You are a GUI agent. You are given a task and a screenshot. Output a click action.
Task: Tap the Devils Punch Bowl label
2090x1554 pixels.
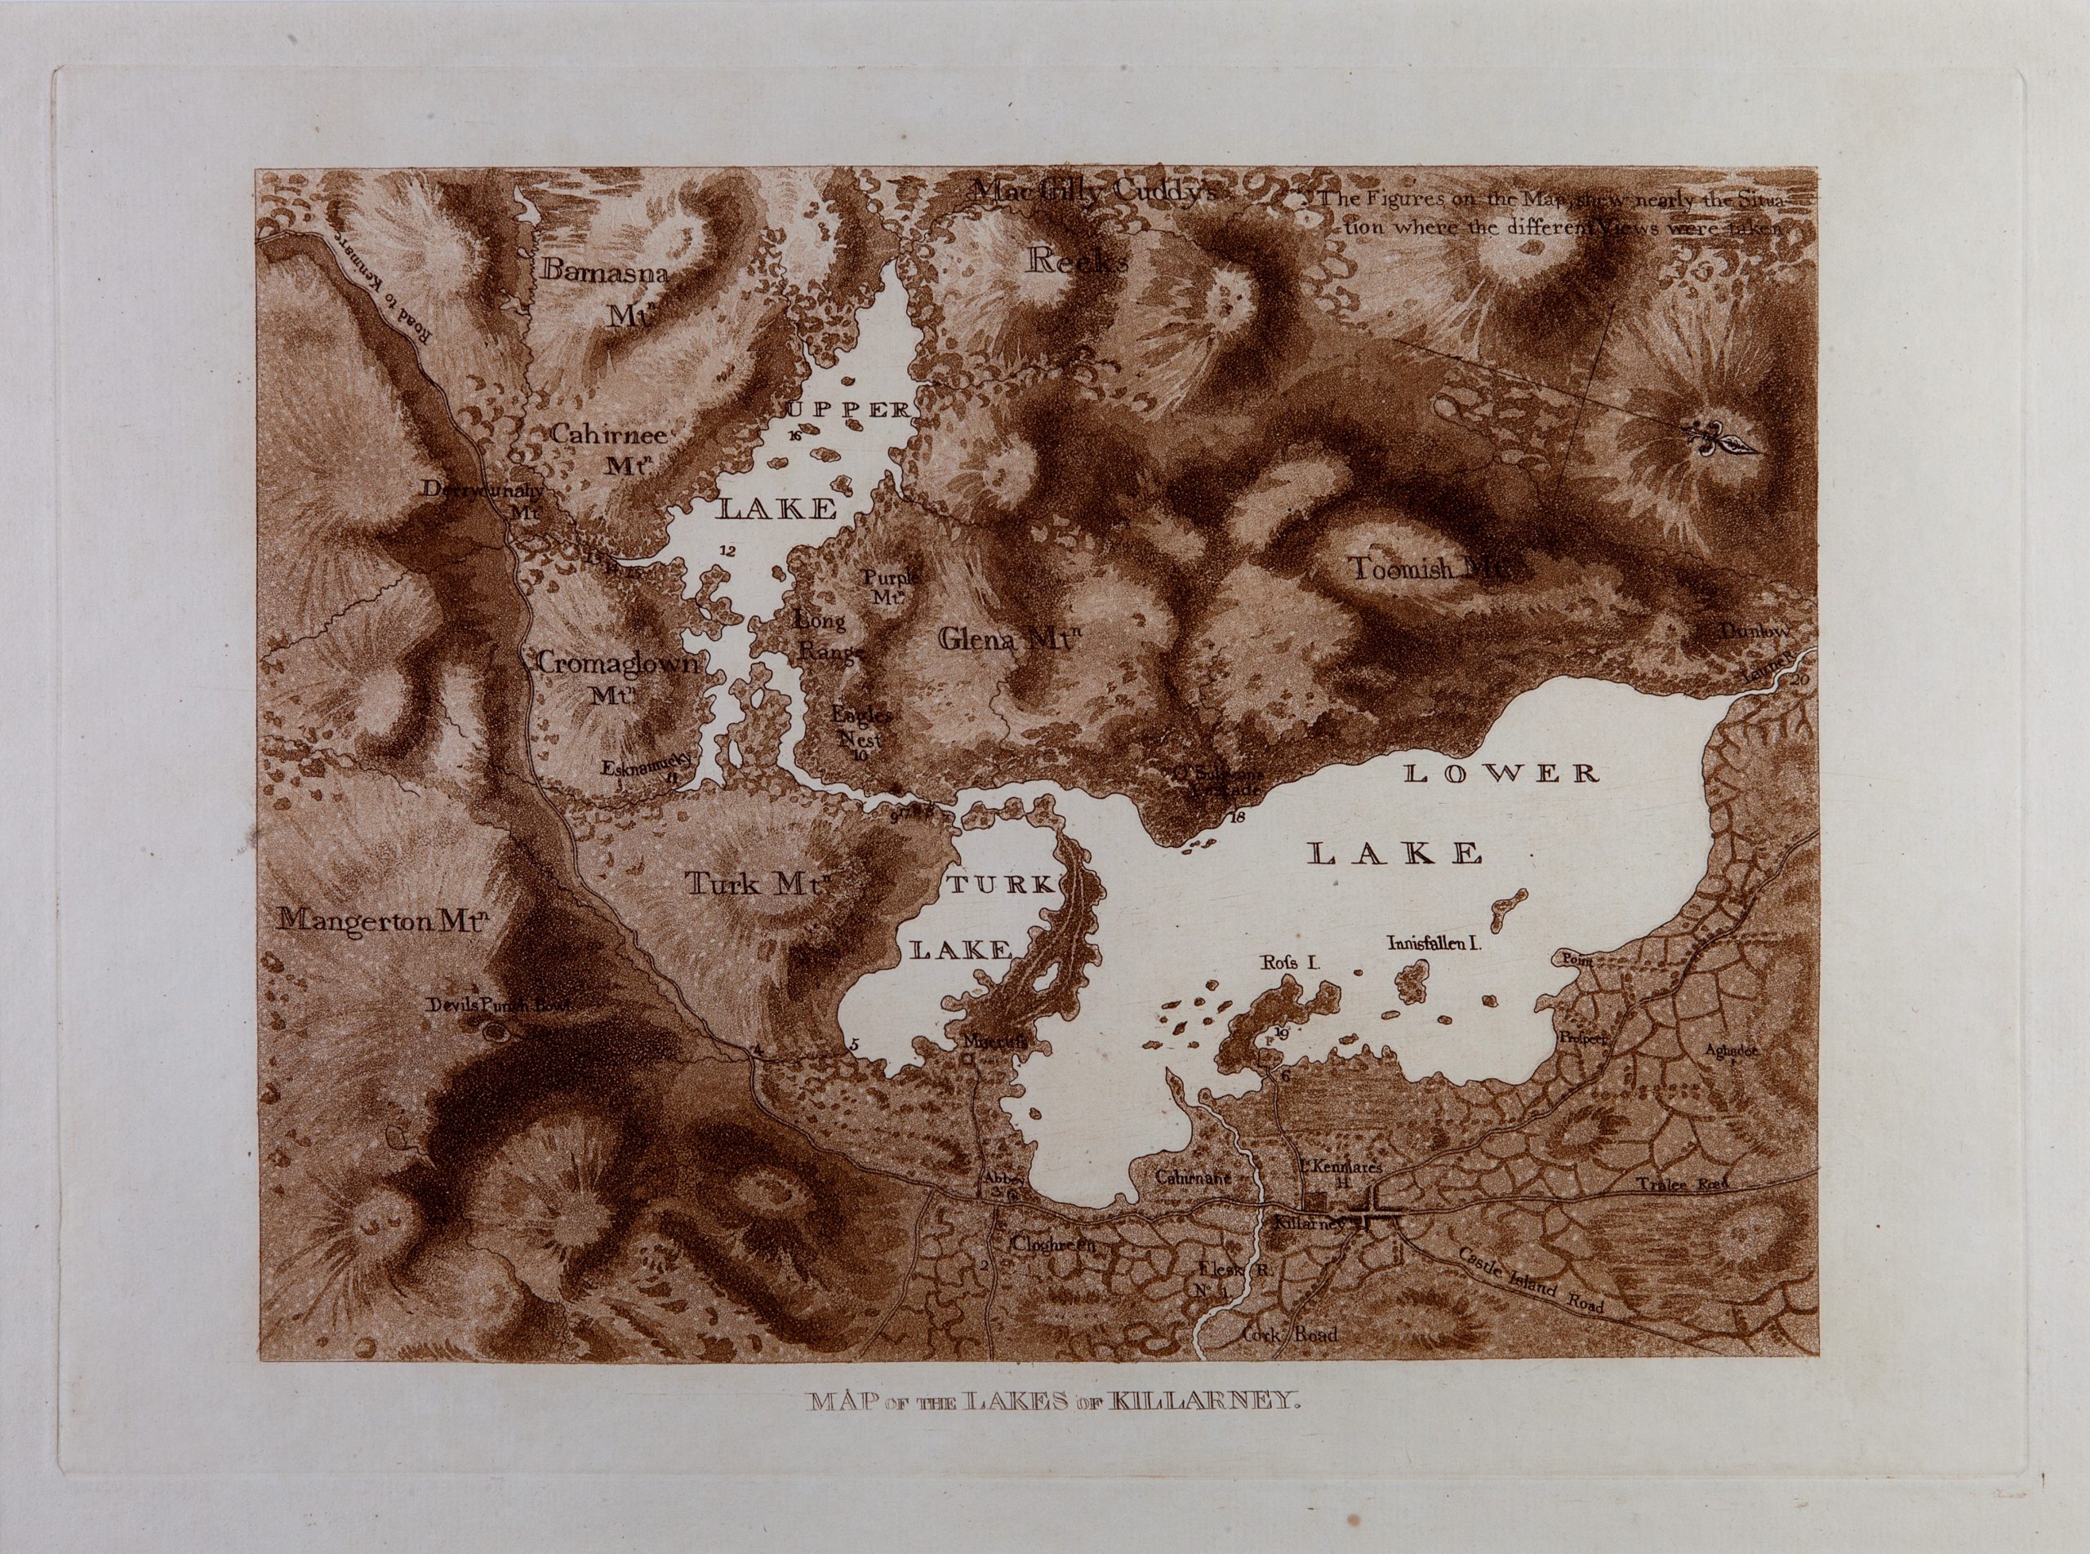[x=498, y=1006]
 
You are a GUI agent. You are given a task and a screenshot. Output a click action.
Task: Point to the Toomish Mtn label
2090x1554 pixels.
[x=1430, y=569]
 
